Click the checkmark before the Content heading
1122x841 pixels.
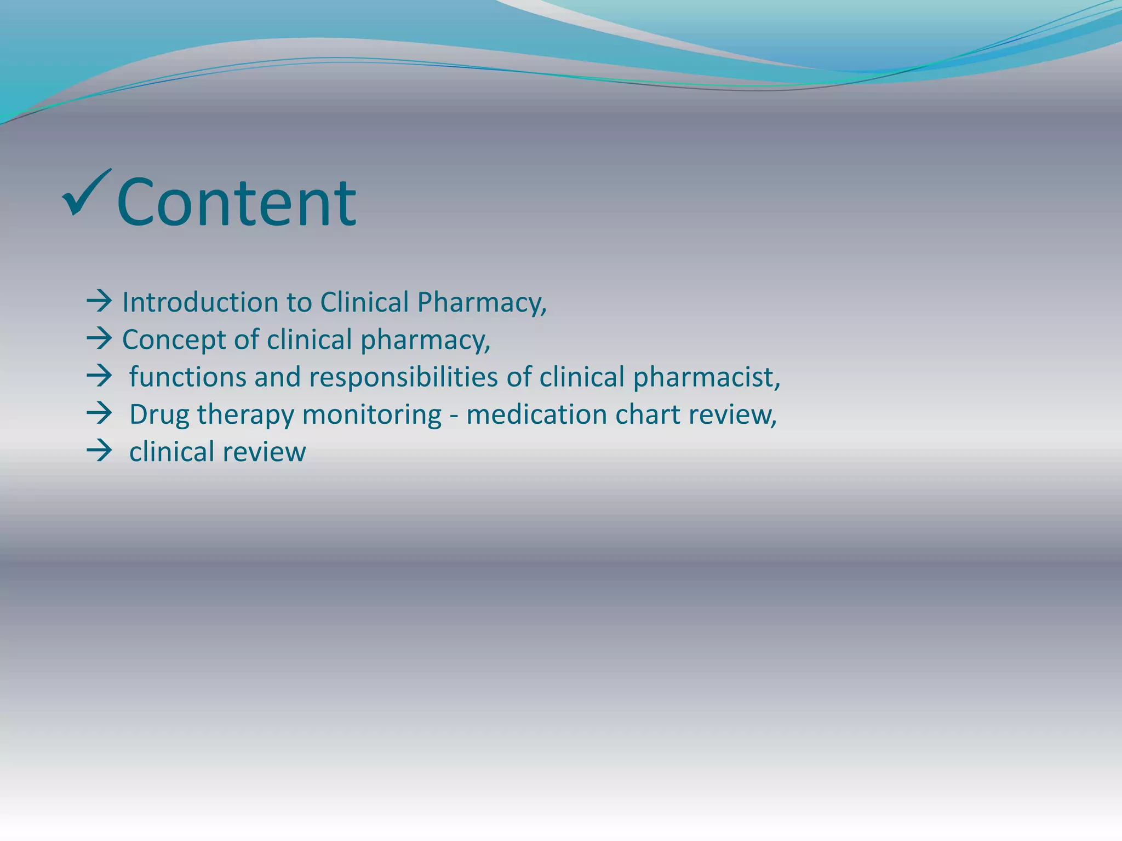pos(87,193)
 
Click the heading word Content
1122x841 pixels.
pos(237,203)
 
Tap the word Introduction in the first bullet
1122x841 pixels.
pos(199,302)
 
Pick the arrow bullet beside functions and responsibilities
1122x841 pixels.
pos(99,377)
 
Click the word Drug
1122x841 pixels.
pos(159,414)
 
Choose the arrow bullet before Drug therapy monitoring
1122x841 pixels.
pos(99,414)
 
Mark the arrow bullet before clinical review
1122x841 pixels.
pos(99,452)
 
